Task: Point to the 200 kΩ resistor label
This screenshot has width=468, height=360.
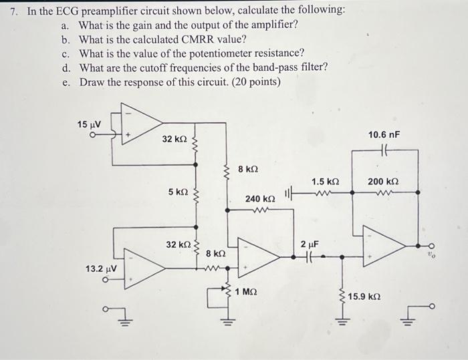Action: (x=384, y=182)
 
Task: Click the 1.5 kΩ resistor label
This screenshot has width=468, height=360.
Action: (x=326, y=182)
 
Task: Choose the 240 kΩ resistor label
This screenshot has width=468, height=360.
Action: (x=260, y=199)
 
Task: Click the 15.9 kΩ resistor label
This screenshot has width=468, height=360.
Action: (x=365, y=296)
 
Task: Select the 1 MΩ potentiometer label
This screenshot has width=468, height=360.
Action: (x=247, y=292)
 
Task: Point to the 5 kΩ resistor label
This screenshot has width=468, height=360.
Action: (x=178, y=192)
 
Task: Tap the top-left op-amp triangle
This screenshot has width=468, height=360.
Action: (x=140, y=121)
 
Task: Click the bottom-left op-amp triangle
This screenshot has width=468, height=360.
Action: (x=144, y=267)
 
